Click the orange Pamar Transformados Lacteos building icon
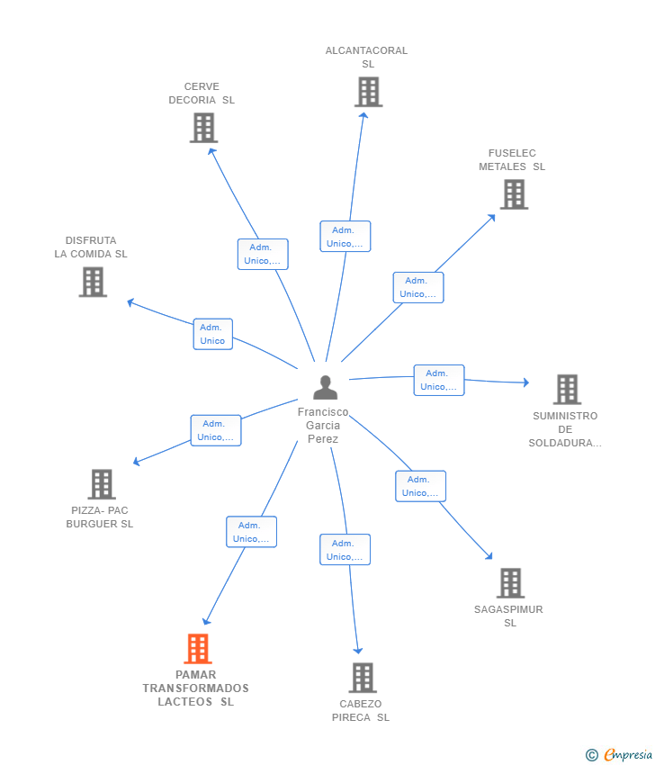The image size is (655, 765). [197, 648]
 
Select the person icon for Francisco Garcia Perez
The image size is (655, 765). [325, 387]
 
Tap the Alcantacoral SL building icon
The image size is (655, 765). [368, 92]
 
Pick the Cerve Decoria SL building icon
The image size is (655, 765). [204, 128]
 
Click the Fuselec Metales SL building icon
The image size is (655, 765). [514, 193]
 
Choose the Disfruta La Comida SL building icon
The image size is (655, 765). [93, 282]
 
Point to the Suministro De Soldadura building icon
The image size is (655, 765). [567, 389]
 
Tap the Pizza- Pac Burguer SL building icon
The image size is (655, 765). [102, 484]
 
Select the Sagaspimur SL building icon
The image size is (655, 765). [510, 583]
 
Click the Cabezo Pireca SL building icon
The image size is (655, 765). [362, 678]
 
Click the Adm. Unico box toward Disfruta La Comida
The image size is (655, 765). [212, 334]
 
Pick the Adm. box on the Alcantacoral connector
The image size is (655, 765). [345, 237]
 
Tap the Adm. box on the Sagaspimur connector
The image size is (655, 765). [420, 486]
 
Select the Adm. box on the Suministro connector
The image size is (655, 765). [439, 380]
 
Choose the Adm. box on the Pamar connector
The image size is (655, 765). [251, 532]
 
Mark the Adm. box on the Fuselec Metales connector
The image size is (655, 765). [417, 287]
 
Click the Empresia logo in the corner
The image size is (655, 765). [621, 754]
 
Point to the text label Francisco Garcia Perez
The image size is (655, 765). [323, 425]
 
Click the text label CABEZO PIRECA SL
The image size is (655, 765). [361, 710]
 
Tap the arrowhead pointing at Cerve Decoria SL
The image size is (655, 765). [211, 150]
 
